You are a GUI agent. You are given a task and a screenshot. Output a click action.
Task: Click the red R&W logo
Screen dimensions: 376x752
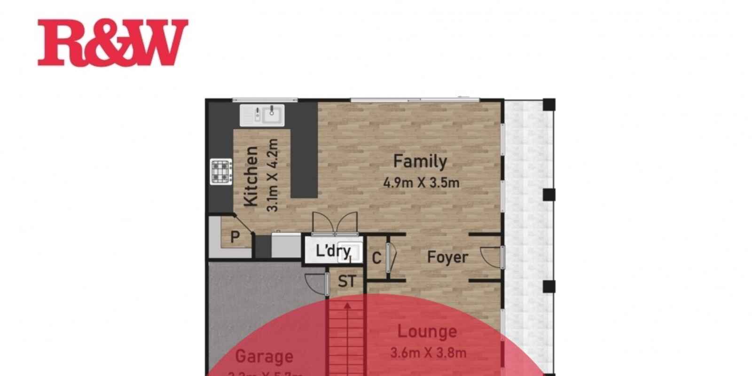(113, 42)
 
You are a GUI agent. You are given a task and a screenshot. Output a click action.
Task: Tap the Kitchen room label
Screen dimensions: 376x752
(251, 176)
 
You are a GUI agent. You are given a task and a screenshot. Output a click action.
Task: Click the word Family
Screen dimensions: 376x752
(420, 161)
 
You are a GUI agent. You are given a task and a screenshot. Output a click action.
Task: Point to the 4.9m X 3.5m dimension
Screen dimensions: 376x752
(421, 182)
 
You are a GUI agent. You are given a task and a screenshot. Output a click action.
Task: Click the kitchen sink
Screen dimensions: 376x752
(262, 115)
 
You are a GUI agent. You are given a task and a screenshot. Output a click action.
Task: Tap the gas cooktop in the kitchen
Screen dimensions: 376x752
(221, 172)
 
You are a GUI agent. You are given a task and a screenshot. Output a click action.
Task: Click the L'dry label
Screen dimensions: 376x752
(333, 251)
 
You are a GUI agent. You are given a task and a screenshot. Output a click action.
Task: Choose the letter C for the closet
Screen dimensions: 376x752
(376, 258)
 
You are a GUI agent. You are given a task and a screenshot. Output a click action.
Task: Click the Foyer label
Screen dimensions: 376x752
(447, 257)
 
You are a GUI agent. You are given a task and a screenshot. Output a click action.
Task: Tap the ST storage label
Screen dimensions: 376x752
(347, 282)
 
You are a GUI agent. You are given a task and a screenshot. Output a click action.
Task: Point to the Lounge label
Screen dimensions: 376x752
(427, 331)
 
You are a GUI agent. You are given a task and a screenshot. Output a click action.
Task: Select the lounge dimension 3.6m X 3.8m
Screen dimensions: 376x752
(428, 352)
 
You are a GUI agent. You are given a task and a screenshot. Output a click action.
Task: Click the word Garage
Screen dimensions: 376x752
(264, 356)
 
